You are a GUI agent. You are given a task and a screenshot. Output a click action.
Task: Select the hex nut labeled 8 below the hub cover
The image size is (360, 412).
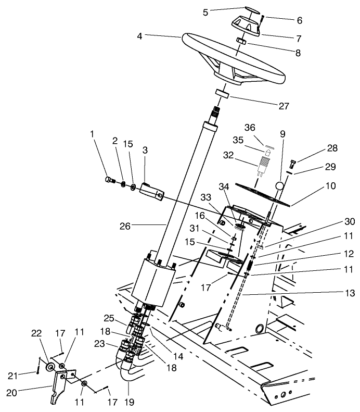tap(241, 41)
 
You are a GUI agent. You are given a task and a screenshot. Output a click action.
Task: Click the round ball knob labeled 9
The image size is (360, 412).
tap(281, 185)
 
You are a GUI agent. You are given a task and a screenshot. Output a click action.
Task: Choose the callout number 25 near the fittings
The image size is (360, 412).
tap(108, 317)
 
